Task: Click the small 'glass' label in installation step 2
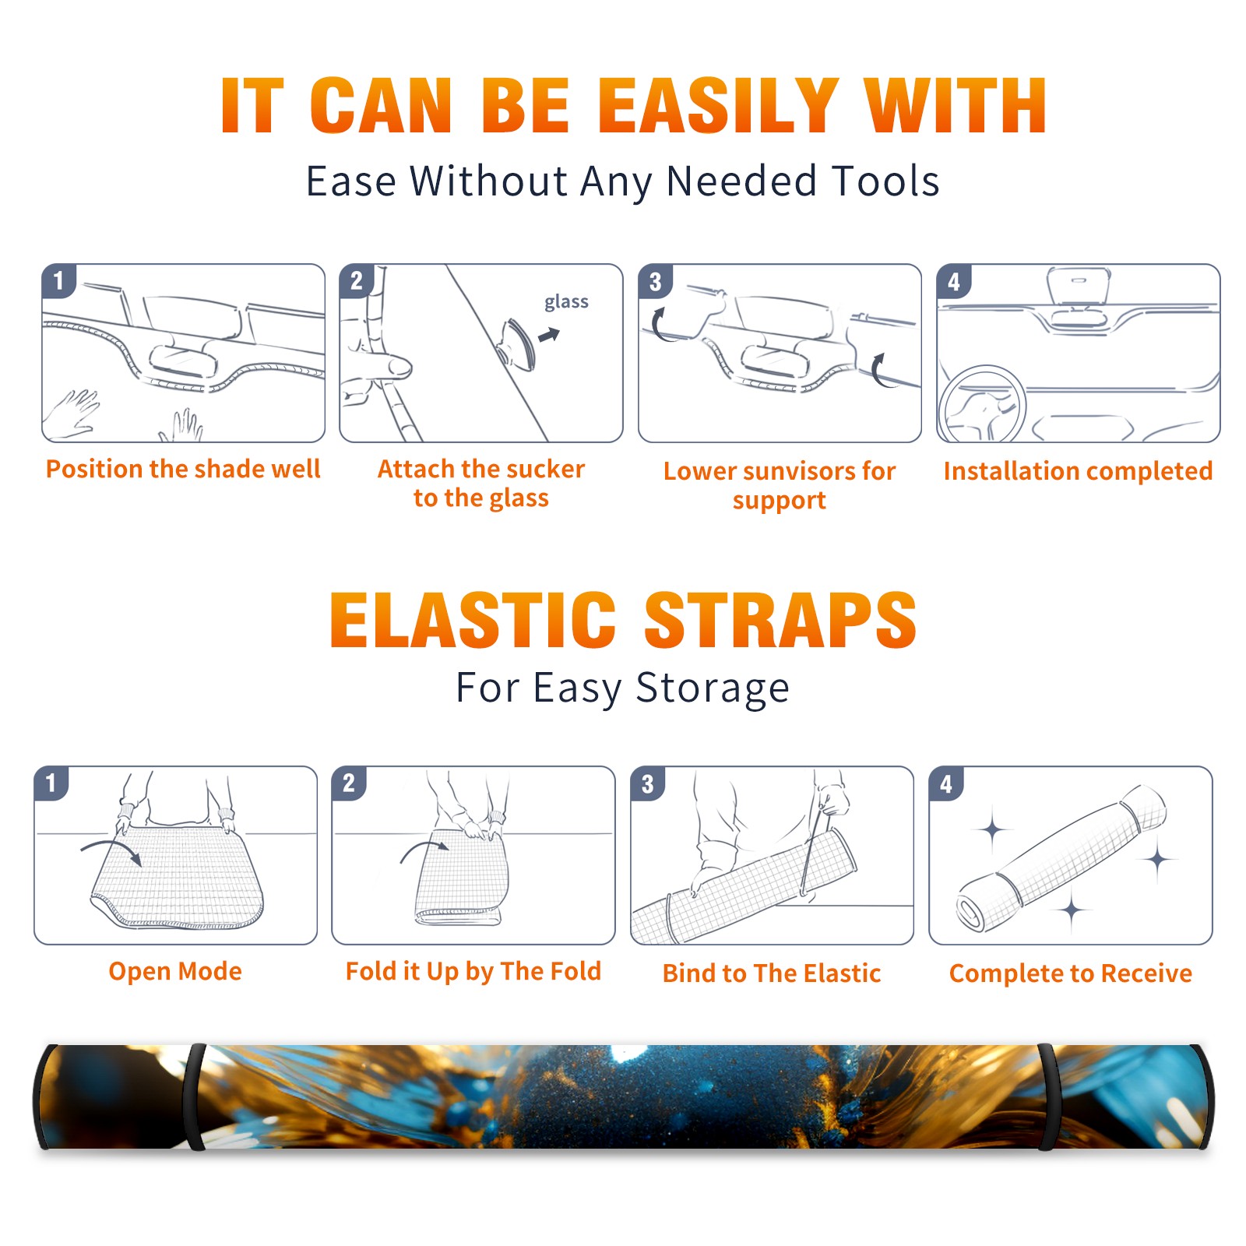tap(566, 302)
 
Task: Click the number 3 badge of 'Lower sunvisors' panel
tap(655, 281)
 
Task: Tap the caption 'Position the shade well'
tap(183, 469)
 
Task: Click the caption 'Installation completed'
tap(1078, 471)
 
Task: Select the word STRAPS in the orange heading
tap(780, 620)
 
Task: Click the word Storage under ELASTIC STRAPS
tap(713, 688)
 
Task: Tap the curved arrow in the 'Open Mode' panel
tap(111, 850)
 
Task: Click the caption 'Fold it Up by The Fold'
tap(473, 972)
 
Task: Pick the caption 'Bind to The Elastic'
tap(772, 973)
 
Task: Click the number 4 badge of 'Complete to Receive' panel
tap(946, 783)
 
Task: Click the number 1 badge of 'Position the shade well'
tap(58, 280)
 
